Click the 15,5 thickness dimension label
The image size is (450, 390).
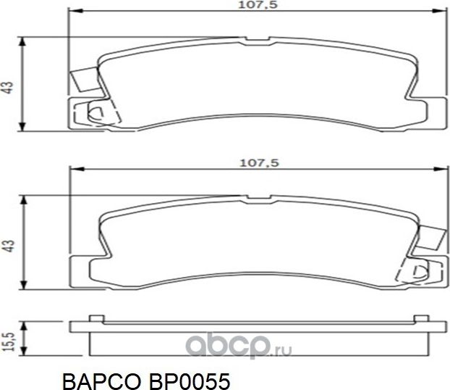[8, 338]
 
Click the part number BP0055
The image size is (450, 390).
[190, 378]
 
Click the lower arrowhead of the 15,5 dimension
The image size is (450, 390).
[25, 350]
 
